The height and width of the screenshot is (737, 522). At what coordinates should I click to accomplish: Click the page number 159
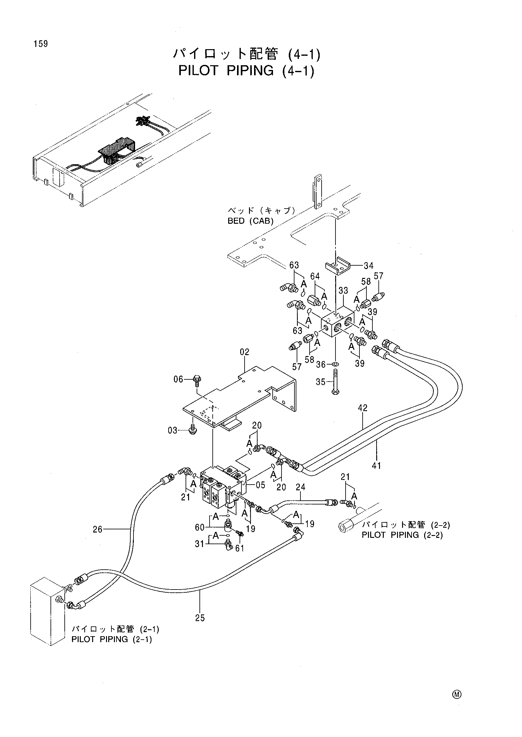click(x=40, y=44)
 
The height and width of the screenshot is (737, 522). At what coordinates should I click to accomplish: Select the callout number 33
click(x=343, y=291)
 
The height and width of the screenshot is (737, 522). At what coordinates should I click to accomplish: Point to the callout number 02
click(x=245, y=352)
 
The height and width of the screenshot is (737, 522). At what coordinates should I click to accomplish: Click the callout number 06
click(x=178, y=379)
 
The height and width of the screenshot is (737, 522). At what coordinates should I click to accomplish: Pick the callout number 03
click(x=173, y=430)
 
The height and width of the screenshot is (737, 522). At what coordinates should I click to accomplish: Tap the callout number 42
click(x=363, y=408)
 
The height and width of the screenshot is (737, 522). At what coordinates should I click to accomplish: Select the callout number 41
click(x=377, y=465)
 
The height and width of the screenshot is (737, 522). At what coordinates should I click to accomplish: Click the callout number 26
click(x=98, y=529)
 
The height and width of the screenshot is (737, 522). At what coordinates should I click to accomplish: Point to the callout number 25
click(x=200, y=618)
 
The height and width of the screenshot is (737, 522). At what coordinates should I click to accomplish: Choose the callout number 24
click(x=300, y=487)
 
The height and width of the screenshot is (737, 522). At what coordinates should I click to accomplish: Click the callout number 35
click(x=321, y=382)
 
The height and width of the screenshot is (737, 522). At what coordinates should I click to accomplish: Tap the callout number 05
click(x=261, y=485)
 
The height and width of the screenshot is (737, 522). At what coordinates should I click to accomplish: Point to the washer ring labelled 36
click(x=335, y=364)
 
